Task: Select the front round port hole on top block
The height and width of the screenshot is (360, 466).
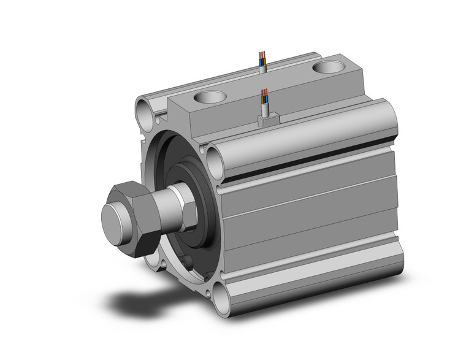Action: [x=210, y=96]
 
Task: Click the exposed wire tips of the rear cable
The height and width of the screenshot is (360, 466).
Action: [x=263, y=58]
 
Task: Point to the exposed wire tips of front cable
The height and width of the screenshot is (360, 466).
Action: [x=264, y=96]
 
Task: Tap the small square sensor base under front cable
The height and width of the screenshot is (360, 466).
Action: [x=267, y=120]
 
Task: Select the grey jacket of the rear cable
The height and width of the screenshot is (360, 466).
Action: [x=262, y=67]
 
